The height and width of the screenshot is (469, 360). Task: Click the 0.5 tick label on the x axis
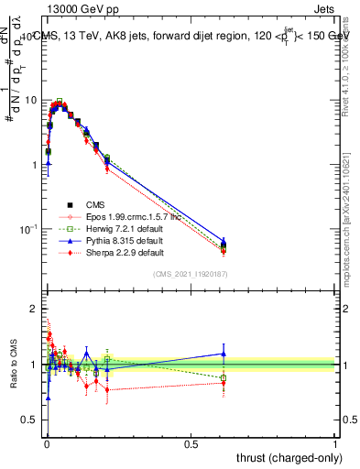coord(191,443)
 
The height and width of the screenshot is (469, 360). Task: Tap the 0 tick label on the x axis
coord(47,443)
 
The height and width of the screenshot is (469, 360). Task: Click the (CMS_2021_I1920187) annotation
coord(191,274)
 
